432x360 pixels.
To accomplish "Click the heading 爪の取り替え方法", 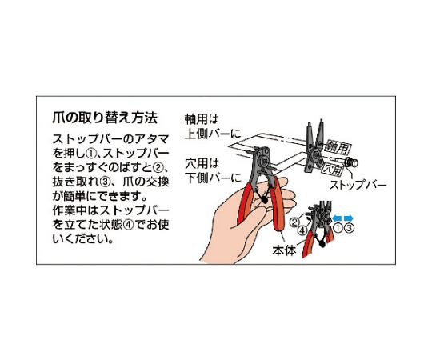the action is point(105,118).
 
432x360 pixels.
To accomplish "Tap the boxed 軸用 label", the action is point(338,147).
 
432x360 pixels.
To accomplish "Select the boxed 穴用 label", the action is point(333,168).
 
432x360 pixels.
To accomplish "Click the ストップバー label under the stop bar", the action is point(358,185).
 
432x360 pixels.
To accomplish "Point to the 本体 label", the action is point(284,250).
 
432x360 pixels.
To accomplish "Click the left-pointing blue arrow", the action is point(337,218).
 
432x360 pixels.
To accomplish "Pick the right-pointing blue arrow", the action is point(349,218).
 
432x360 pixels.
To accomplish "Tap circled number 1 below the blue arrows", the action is point(338,228).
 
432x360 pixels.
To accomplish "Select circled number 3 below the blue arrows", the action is point(349,228).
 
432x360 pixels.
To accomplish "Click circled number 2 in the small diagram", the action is point(294,222).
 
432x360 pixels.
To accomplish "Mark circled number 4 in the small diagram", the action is point(302,230).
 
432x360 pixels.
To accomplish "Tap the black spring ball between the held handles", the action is point(264,200).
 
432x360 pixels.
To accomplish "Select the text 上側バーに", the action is point(213,134).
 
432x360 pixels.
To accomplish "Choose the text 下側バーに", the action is point(213,178).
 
